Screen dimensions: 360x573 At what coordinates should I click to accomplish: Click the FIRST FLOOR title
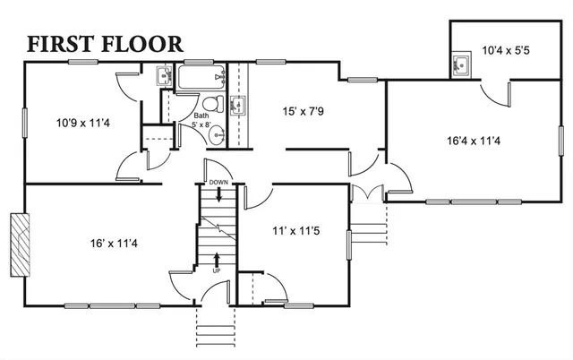(x=106, y=43)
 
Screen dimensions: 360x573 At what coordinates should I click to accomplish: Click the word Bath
(x=201, y=116)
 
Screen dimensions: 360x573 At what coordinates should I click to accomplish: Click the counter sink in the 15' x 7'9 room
(x=237, y=107)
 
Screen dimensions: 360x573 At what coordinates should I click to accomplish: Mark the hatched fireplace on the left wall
(x=19, y=244)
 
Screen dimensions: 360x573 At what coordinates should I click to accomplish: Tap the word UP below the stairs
(x=216, y=270)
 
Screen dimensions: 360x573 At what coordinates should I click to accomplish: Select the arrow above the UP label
(x=216, y=259)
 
